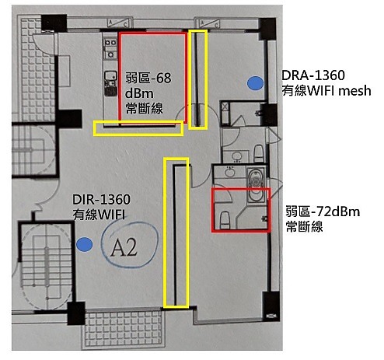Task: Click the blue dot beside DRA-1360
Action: (x=255, y=83)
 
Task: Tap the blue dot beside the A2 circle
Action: (x=85, y=244)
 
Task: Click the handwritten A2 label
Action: (x=124, y=247)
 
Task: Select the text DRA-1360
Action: (x=313, y=75)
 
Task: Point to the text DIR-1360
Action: (x=101, y=200)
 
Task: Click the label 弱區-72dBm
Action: (x=323, y=211)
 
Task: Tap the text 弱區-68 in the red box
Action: (x=148, y=78)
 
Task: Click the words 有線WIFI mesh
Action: (x=326, y=91)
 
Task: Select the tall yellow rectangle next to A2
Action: (x=176, y=233)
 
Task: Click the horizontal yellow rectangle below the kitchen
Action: (x=138, y=128)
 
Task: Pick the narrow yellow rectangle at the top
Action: (x=198, y=79)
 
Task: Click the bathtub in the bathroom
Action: (x=256, y=184)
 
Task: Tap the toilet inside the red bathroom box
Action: (x=225, y=220)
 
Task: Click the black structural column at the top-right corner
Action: (x=267, y=28)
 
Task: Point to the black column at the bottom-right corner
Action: (x=271, y=306)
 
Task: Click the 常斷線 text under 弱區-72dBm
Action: (x=304, y=227)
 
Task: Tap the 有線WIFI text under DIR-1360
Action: (x=99, y=215)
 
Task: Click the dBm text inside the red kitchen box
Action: (x=139, y=93)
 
